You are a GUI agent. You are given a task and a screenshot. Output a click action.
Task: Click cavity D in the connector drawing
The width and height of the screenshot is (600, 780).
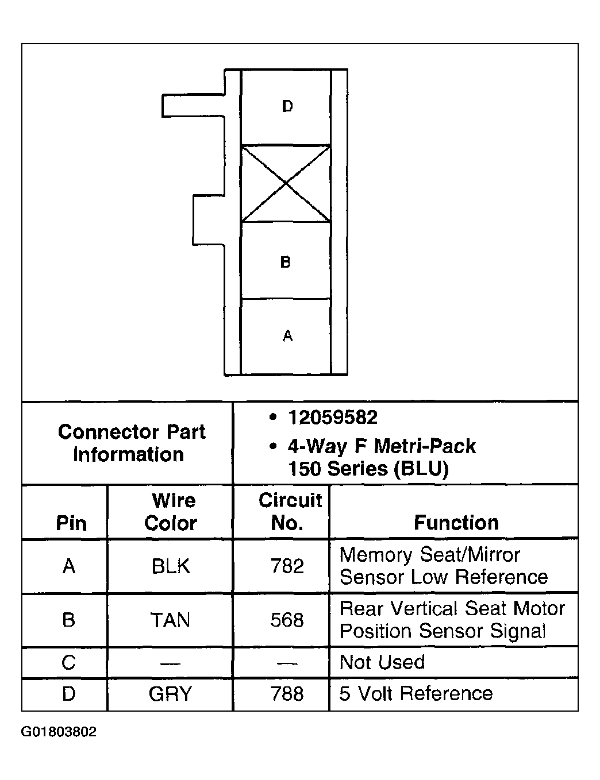pos(286,107)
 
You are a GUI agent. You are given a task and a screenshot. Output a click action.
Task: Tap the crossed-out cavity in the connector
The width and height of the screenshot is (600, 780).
pos(286,183)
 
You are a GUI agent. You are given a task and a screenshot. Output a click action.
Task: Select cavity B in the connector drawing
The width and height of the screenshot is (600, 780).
pos(286,261)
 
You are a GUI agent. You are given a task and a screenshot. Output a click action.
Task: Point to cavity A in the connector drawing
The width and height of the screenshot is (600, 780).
pos(286,337)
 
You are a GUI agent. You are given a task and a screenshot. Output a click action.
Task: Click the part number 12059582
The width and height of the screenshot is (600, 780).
pos(333,418)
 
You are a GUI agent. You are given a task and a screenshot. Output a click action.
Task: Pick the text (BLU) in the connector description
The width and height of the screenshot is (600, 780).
pos(421,469)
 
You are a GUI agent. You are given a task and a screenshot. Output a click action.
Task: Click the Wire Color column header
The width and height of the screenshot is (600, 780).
pos(171,512)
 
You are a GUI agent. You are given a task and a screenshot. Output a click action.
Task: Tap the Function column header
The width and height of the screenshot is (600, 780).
pos(456,523)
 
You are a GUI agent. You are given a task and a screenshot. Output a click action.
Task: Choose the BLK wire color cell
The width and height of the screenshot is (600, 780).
pos(171,566)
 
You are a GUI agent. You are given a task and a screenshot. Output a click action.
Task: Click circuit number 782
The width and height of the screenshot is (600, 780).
pos(287,566)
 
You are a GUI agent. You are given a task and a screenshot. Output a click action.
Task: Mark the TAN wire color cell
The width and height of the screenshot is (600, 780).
pos(171,620)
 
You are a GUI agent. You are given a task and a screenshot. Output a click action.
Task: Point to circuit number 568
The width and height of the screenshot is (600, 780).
pos(287,620)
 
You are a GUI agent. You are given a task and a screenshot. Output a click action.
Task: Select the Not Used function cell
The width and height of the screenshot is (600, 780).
pos(382,662)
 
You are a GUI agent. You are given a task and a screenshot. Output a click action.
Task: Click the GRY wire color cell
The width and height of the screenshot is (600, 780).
pos(171,694)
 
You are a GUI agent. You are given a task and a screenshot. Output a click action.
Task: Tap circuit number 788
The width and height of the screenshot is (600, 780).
pos(287,694)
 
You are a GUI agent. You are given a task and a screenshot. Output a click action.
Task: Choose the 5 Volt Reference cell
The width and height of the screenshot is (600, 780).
pos(416,694)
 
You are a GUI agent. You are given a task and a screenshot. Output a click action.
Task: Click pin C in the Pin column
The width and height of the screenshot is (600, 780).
pos(68,663)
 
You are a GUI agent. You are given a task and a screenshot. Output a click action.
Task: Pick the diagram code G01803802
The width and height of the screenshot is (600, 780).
pos(59,732)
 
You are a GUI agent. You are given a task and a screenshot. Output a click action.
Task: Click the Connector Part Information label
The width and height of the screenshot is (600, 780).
pos(131,443)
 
